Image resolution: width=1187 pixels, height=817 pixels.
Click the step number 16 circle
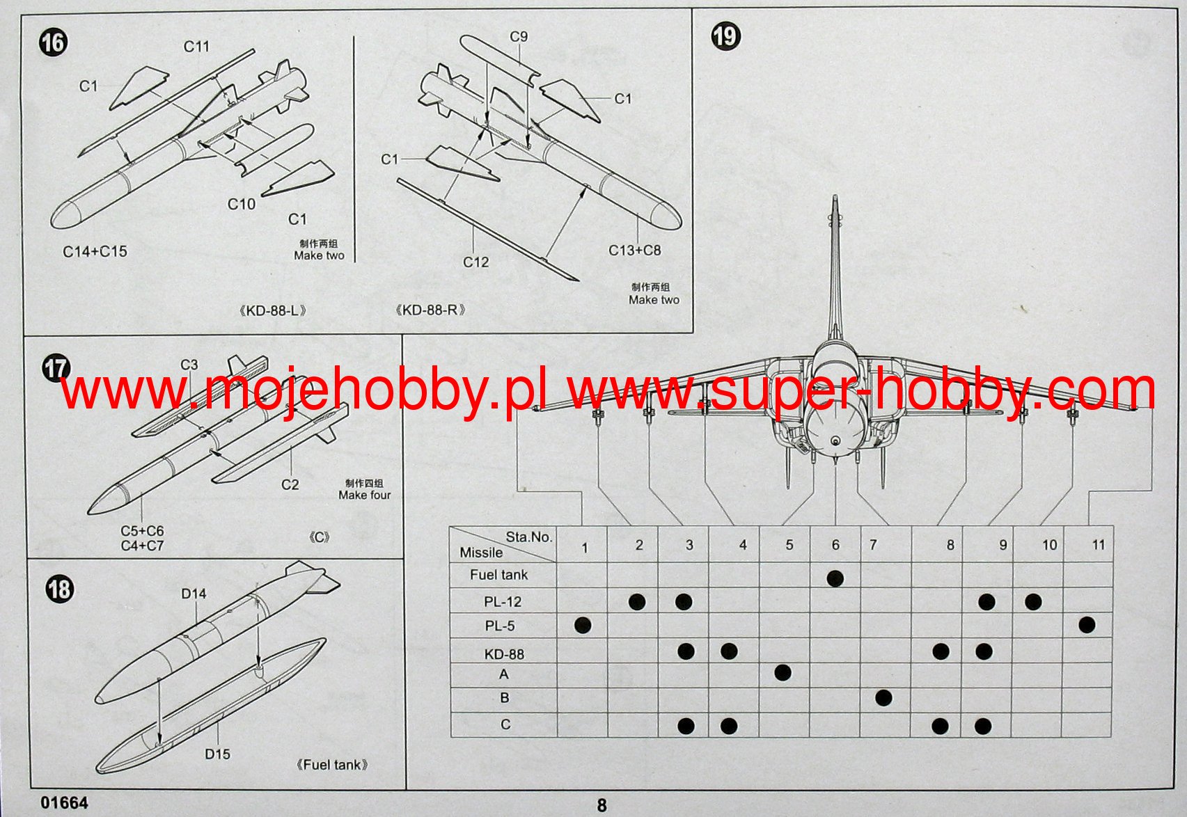point(53,42)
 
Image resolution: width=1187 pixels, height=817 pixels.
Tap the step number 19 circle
point(725,35)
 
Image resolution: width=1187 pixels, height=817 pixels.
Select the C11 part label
point(196,47)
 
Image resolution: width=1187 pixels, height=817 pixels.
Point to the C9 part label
point(519,37)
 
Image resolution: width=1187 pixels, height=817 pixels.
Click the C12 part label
point(476,262)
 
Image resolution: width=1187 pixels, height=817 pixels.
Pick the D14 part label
point(194,594)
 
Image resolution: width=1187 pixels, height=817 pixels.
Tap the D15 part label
point(217,754)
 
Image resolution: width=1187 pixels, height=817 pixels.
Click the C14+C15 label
point(95,252)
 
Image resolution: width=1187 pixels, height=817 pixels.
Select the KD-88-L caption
point(272,310)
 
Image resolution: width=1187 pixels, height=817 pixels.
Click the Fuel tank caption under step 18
point(332,765)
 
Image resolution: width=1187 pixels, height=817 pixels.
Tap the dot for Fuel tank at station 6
point(835,578)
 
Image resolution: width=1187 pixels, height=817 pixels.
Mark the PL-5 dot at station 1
point(583,625)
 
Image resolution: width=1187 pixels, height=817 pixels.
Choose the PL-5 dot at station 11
point(1087,625)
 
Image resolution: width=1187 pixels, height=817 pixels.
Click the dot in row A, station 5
point(783,672)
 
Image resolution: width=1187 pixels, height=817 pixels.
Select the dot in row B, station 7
point(883,697)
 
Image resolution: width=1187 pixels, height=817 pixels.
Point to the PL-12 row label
point(503,602)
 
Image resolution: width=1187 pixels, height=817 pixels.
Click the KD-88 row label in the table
point(504,654)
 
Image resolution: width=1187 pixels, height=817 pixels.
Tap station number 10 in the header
point(1049,545)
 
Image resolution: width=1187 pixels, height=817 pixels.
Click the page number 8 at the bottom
point(602,805)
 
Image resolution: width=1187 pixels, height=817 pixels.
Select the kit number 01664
point(65,803)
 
